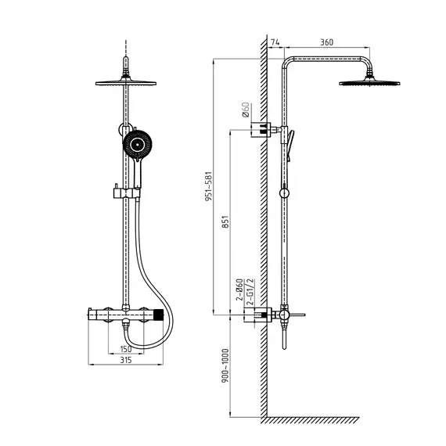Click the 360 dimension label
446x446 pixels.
pyautogui.click(x=326, y=42)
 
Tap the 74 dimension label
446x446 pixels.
pyautogui.click(x=275, y=42)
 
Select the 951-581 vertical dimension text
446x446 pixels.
pyautogui.click(x=208, y=186)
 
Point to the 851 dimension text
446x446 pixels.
pyautogui.click(x=225, y=221)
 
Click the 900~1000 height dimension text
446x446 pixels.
pyautogui.click(x=225, y=365)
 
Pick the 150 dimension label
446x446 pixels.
pyautogui.click(x=126, y=349)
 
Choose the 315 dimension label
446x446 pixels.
pyautogui.click(x=126, y=360)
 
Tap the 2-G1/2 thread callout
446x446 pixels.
pyautogui.click(x=250, y=293)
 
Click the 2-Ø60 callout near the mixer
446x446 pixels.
pyautogui.click(x=239, y=290)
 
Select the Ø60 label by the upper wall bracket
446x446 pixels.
pyautogui.click(x=246, y=110)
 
